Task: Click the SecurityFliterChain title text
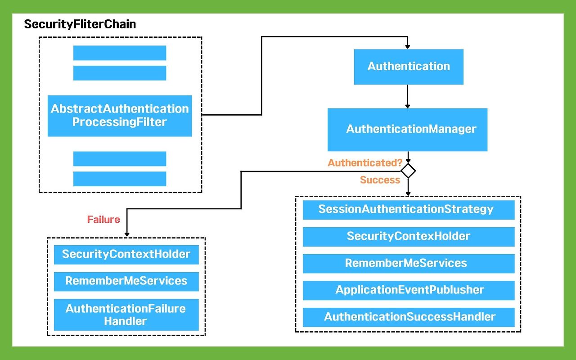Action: coord(80,24)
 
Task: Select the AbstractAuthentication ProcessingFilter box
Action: coord(120,116)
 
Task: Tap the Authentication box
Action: coord(409,67)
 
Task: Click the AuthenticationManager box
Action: coord(407,130)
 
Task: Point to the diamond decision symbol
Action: coord(408,171)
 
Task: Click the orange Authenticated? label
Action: coord(365,163)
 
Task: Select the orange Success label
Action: coord(380,180)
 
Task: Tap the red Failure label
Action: coord(103,220)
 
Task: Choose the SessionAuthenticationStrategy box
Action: coord(409,210)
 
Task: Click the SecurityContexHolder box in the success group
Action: coord(409,237)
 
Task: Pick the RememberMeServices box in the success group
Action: coord(409,264)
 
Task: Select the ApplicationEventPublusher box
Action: coord(409,290)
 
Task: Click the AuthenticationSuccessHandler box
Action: coord(409,317)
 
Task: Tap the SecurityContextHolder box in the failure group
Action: coord(126,255)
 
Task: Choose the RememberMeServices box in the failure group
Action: coord(126,282)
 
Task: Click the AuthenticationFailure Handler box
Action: coord(126,315)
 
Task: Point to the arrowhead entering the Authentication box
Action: coord(408,46)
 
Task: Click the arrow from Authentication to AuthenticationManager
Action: coord(408,96)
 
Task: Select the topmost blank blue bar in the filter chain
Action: coord(120,53)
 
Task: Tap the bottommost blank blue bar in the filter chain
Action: coord(120,179)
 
